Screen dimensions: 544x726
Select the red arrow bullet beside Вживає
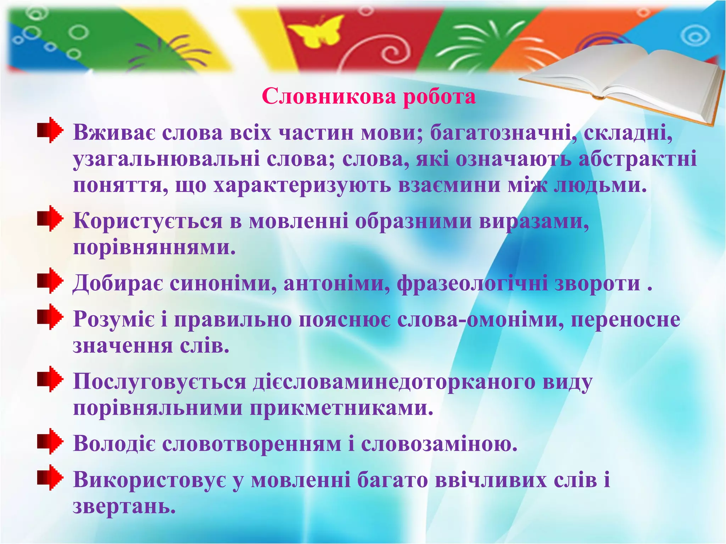pyautogui.click(x=50, y=130)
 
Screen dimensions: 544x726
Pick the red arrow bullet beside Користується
pyautogui.click(x=50, y=219)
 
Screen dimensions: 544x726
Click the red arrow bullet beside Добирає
pyautogui.click(x=50, y=281)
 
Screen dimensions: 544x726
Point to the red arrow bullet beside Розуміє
pyautogui.click(x=50, y=317)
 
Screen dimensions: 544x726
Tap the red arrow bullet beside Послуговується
pyautogui.click(x=50, y=379)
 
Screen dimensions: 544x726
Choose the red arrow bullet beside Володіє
pyautogui.click(x=50, y=441)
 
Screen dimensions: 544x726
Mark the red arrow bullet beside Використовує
pyautogui.click(x=50, y=477)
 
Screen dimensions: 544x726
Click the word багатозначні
pyautogui.click(x=503, y=134)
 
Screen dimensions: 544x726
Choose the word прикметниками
pyautogui.click(x=342, y=408)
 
